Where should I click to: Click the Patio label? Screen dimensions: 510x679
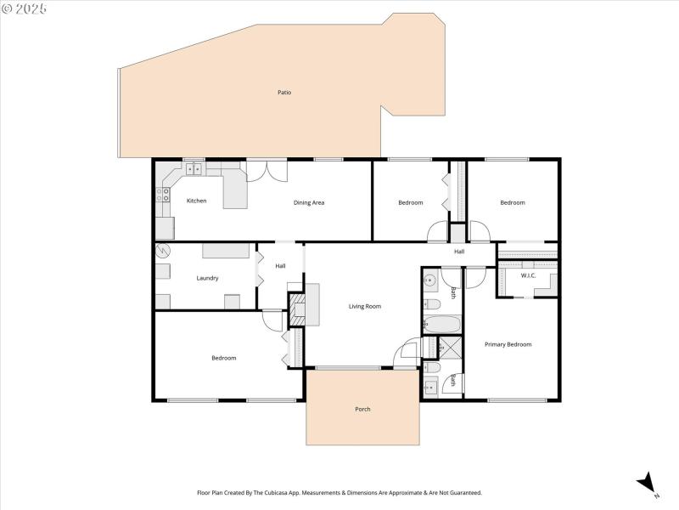284,92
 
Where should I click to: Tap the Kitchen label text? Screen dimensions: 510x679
196,201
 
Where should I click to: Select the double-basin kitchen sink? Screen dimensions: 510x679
194,167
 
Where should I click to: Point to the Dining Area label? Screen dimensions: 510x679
309,202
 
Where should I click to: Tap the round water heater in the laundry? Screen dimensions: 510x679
161,251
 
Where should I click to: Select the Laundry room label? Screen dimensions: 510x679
207,278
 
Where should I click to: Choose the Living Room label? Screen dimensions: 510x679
365,306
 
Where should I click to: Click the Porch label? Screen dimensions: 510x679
362,409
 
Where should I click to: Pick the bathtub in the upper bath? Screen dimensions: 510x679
441,325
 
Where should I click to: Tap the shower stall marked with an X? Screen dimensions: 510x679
446,347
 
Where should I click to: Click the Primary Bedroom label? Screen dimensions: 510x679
508,344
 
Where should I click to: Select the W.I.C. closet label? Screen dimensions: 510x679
528,275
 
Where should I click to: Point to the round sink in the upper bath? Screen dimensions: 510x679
430,280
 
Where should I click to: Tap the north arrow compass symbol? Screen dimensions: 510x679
648,482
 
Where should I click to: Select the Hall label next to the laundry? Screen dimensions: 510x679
280,266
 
